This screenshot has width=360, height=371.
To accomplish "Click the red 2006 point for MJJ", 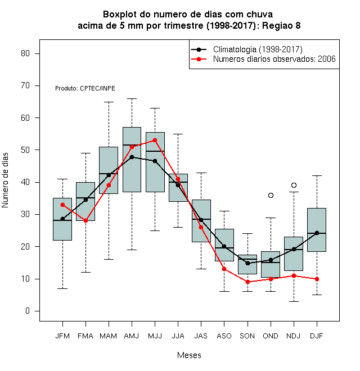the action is (155, 141).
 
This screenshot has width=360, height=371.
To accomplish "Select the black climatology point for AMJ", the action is (132, 157).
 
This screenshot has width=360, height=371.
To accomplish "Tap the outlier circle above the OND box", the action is (271, 195).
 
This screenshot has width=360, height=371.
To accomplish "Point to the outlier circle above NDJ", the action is (294, 185).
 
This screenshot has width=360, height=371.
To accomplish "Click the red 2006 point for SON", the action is (247, 282).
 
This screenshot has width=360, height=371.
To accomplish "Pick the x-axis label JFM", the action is (62, 336).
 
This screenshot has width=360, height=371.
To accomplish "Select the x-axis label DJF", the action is (317, 336).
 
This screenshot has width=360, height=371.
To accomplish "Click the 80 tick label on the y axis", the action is (25, 53).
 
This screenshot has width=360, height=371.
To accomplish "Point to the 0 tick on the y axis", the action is (28, 311).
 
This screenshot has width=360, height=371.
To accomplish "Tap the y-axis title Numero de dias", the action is (5, 180).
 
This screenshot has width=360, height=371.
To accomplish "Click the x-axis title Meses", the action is (189, 355).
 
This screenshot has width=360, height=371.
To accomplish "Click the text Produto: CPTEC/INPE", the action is (85, 88).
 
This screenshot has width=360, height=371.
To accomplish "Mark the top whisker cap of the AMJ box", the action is (132, 98).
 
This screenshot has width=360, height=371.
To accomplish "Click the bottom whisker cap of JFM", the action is (62, 288).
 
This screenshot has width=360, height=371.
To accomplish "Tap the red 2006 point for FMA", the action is (85, 220).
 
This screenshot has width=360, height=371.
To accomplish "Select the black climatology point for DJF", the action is (317, 233).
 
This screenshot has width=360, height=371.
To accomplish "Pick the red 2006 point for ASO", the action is (224, 269).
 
